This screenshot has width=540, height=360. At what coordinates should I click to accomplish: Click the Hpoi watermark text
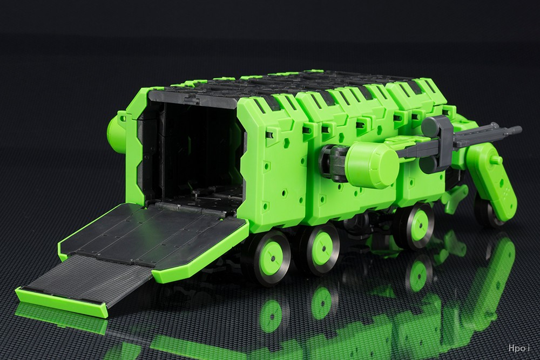pos(518,348)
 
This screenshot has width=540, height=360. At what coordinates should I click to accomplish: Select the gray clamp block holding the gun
pos(437,141)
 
